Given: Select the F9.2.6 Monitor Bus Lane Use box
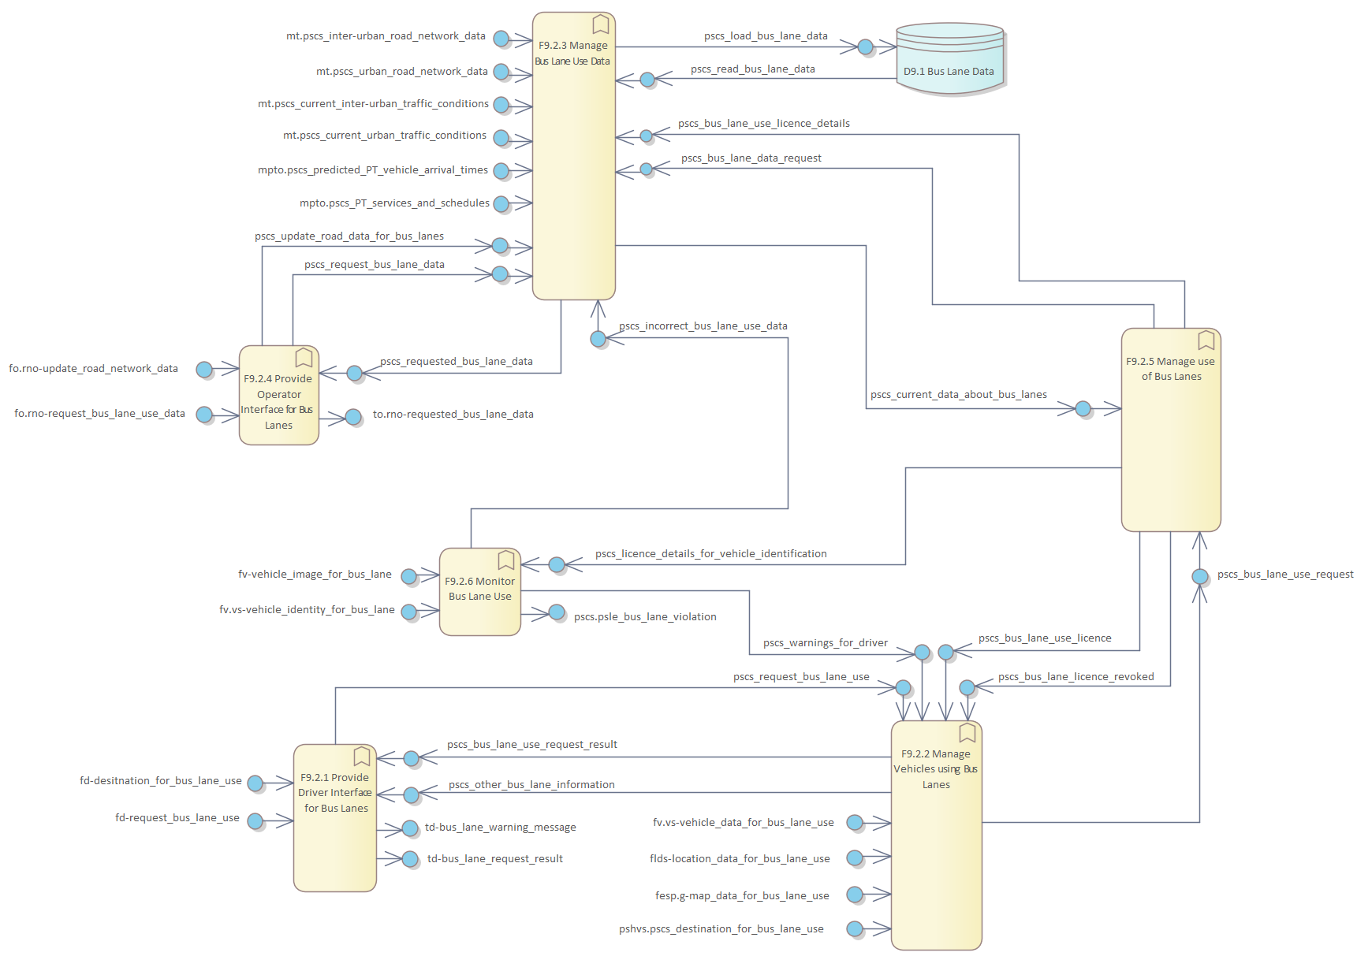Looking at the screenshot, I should (479, 591).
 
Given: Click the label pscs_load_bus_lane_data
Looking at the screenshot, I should (766, 36).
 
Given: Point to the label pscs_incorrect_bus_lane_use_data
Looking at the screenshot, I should (703, 326).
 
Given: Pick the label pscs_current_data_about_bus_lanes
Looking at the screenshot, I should (958, 395).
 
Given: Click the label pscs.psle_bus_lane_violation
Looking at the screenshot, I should (645, 617).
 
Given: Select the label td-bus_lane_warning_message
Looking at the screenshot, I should (500, 828).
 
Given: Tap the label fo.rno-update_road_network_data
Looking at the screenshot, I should (93, 369).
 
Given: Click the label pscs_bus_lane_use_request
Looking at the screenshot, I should (1285, 575).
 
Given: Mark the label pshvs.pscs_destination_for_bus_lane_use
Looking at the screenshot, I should (721, 929).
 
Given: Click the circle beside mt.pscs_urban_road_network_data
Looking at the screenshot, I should (501, 72).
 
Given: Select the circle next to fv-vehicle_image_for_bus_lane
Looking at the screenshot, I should (408, 576).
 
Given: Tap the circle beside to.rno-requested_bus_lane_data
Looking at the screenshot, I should (354, 416).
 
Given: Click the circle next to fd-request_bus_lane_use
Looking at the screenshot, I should (255, 821).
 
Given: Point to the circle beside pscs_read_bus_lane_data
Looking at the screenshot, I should (647, 80).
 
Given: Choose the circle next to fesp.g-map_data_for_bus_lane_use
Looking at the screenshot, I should (855, 895).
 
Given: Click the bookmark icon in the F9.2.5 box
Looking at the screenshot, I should (1206, 340).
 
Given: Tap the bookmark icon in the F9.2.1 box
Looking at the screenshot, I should (362, 757).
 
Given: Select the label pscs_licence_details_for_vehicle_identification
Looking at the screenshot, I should (710, 554).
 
